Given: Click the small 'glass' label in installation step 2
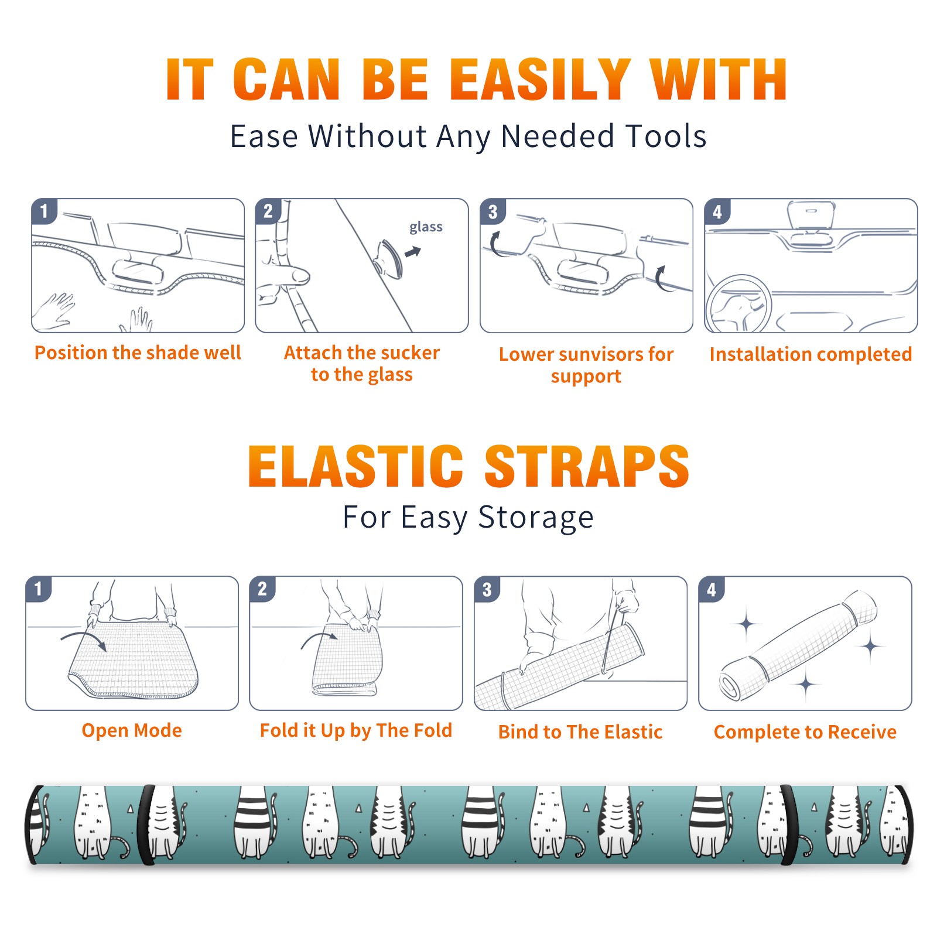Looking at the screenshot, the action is point(426,227).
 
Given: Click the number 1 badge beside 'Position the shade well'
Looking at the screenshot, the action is point(44,211).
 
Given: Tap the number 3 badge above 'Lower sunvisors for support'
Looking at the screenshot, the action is point(493,211).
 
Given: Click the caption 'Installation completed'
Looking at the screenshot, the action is point(811,354).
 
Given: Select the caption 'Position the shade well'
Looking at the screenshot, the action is point(138,353).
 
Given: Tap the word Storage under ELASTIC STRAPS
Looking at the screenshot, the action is point(536,518).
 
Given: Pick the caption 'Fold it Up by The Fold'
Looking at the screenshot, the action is point(356,731).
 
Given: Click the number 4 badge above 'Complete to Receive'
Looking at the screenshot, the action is point(711,589).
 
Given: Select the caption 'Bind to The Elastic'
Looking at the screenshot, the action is point(580,732).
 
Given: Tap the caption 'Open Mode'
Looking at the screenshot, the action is point(132,730).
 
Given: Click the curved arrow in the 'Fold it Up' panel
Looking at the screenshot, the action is point(319,638).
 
